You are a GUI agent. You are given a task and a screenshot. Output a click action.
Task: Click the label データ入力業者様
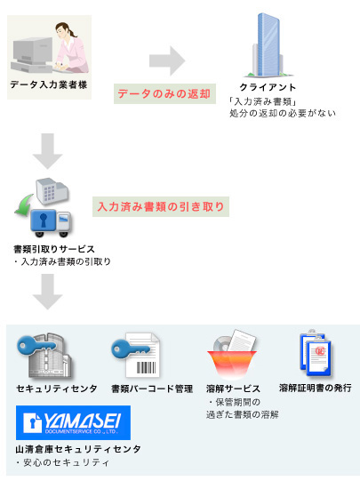point(49,84)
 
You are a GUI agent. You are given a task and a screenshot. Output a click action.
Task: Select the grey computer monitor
point(33,50)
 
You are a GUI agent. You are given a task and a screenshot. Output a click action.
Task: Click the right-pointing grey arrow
point(167,60)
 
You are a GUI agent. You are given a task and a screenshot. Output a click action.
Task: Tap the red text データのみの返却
point(164,93)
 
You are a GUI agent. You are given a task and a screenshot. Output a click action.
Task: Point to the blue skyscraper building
point(268,44)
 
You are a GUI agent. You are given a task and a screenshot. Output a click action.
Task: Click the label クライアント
point(268,87)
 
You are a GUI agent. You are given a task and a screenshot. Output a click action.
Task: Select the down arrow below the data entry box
point(48,151)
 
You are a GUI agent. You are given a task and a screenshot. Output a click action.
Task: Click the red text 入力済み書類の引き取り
point(161,206)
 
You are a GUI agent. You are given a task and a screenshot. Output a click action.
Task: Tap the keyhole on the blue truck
point(44,220)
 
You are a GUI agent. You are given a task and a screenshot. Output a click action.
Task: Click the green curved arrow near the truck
point(24,206)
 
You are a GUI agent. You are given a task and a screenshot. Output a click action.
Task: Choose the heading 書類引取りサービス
point(54,249)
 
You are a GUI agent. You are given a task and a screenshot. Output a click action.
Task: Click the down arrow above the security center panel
point(48,292)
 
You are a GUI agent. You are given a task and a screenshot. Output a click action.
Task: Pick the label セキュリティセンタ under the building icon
point(57,389)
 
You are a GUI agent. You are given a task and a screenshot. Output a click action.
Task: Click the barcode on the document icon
point(146,368)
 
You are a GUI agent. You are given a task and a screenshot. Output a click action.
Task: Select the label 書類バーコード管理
point(152,389)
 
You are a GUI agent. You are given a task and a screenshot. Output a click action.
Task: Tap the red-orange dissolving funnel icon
point(232,363)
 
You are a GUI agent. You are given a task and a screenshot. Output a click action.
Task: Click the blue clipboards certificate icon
point(316,354)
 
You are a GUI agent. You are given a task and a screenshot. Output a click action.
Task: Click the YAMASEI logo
point(73,422)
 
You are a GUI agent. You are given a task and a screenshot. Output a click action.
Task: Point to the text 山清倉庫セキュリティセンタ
point(78,449)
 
